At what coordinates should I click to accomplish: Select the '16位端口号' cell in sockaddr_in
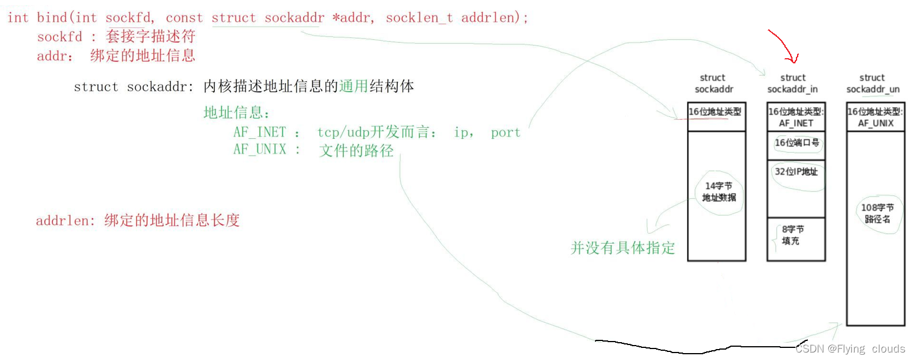click(x=797, y=143)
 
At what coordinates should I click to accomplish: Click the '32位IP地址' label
click(x=797, y=172)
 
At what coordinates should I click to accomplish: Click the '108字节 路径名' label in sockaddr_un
click(x=877, y=213)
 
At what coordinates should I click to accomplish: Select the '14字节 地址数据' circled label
click(x=719, y=192)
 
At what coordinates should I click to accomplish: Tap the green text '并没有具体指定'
click(x=623, y=248)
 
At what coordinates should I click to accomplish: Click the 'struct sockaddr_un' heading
click(x=873, y=84)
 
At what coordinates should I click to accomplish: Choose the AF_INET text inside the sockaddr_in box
click(x=796, y=123)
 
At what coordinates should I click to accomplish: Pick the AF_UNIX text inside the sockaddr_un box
click(x=875, y=123)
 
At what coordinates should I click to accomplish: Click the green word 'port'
click(x=505, y=132)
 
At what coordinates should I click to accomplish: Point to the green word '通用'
click(x=354, y=86)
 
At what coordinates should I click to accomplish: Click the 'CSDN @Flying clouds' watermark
click(x=850, y=349)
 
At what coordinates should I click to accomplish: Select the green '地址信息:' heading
click(x=236, y=112)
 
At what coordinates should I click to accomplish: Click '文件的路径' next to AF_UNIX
click(x=357, y=151)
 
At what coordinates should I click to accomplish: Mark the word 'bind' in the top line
click(x=52, y=18)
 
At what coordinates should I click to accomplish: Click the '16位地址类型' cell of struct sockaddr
click(x=715, y=112)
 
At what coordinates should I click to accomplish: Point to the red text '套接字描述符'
click(x=151, y=37)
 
